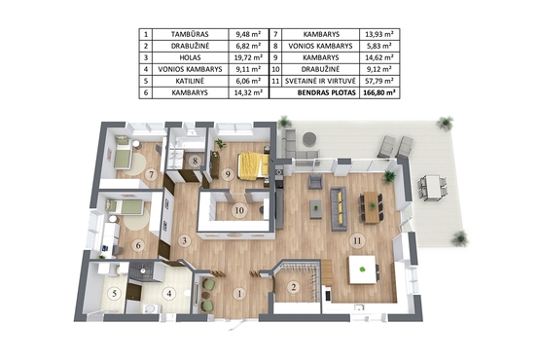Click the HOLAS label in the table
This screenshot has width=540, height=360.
[x=190, y=57]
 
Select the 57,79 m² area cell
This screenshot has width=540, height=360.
[x=378, y=81]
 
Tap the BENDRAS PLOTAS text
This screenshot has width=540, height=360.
[x=327, y=92]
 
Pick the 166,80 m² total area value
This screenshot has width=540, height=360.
[x=378, y=92]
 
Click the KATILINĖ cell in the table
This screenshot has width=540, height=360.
[x=190, y=81]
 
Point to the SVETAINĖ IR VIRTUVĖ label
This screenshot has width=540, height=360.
[x=320, y=81]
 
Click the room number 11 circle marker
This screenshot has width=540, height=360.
[x=357, y=240]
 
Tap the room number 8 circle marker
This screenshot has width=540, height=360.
[x=196, y=161]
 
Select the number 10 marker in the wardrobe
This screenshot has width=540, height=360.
[x=239, y=210]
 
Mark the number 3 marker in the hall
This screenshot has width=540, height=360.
[x=185, y=240]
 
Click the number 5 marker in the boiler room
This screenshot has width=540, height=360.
[x=115, y=294]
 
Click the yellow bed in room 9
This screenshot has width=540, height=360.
[x=253, y=165]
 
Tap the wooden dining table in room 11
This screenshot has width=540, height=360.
[x=372, y=207]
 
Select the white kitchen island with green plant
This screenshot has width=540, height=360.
[x=362, y=270]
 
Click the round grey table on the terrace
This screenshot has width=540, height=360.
[x=309, y=139]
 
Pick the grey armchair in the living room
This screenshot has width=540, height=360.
[x=315, y=182]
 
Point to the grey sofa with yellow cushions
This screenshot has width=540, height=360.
[x=339, y=208]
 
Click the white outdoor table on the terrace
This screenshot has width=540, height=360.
[x=433, y=188]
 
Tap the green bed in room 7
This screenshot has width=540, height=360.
[x=124, y=153]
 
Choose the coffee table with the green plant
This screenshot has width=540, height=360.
[x=316, y=209]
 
